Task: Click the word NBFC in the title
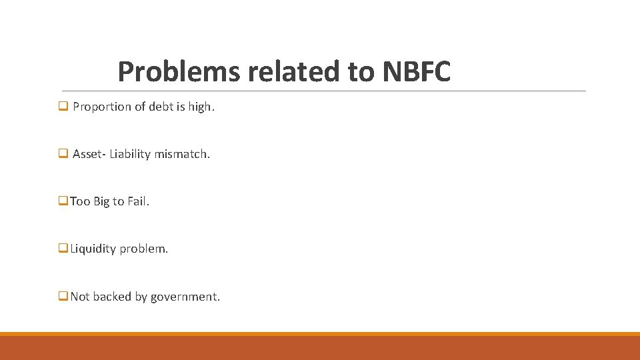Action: (417, 71)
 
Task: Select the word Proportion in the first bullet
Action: (102, 107)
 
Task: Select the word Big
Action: (101, 201)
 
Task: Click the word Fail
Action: (138, 201)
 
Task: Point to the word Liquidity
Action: (93, 249)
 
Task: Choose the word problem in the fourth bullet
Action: (144, 249)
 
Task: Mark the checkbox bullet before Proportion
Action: (63, 107)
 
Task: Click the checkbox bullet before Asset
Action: (63, 154)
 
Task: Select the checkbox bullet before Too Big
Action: (63, 201)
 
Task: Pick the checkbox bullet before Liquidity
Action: (63, 249)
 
